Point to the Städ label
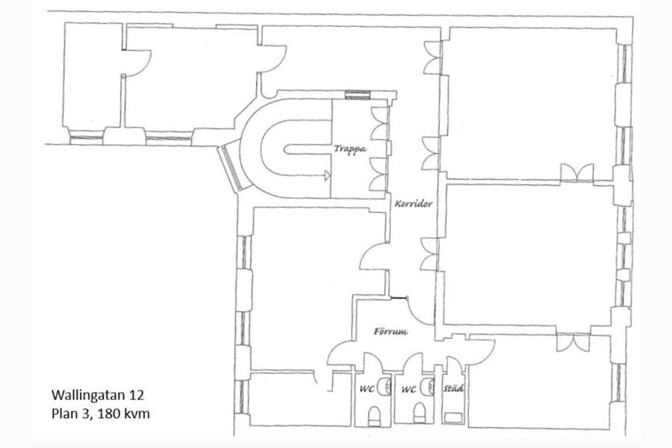click(454, 388)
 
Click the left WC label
click(367, 389)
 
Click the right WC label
click(408, 389)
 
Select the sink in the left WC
click(386, 385)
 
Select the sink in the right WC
click(429, 385)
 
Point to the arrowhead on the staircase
click(326, 176)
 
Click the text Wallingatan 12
click(90, 393)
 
